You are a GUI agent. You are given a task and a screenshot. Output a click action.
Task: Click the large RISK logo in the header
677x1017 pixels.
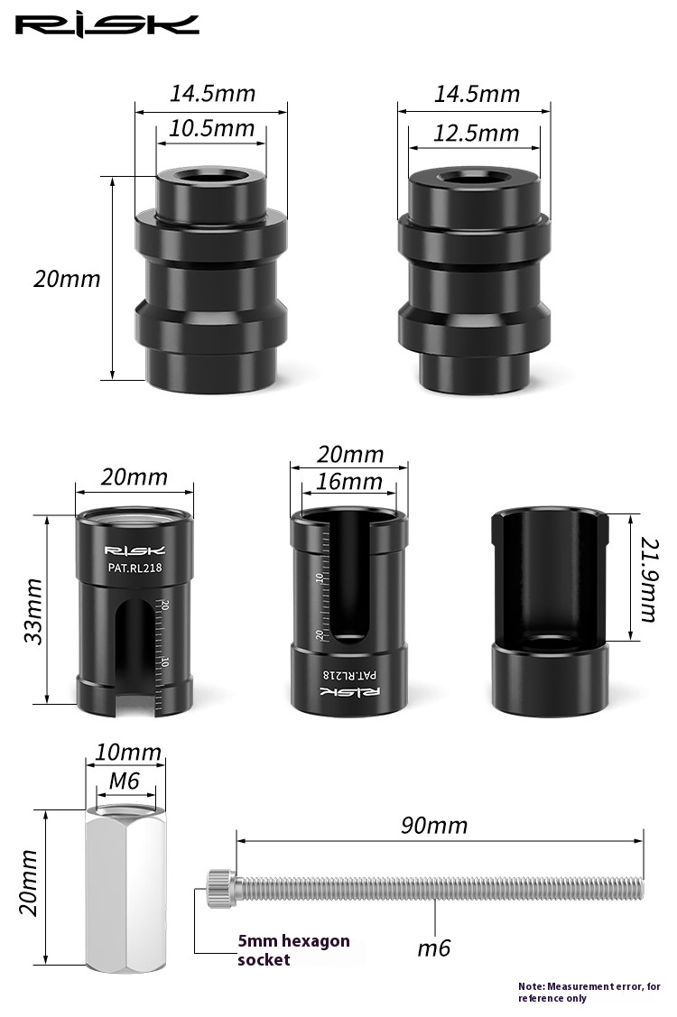click(x=107, y=25)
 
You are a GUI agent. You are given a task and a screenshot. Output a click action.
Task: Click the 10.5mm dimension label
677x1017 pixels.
click(x=211, y=128)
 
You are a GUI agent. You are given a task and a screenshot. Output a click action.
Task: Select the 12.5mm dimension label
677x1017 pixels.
click(x=477, y=133)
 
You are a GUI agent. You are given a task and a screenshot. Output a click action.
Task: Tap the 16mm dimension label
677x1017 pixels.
click(x=349, y=481)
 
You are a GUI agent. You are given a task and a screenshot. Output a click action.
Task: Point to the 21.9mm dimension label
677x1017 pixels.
click(x=648, y=579)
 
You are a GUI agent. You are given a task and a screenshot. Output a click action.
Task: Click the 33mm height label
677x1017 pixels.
click(x=33, y=612)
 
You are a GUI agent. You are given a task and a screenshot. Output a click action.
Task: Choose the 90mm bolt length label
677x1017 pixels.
click(x=434, y=825)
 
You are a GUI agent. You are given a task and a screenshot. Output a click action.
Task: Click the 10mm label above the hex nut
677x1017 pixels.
click(x=128, y=753)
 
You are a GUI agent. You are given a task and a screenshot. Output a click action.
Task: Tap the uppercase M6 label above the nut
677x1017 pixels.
click(x=125, y=781)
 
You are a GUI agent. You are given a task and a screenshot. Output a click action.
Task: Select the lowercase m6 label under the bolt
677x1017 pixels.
click(x=433, y=948)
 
